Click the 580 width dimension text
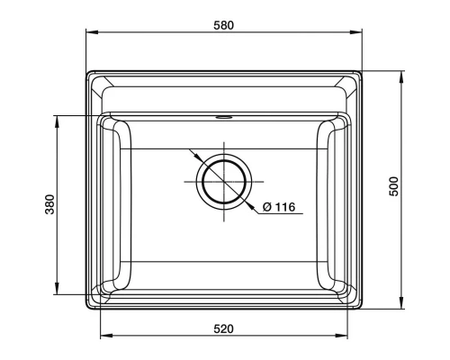[223, 25]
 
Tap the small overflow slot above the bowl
[223, 115]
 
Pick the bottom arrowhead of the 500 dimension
[402, 307]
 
